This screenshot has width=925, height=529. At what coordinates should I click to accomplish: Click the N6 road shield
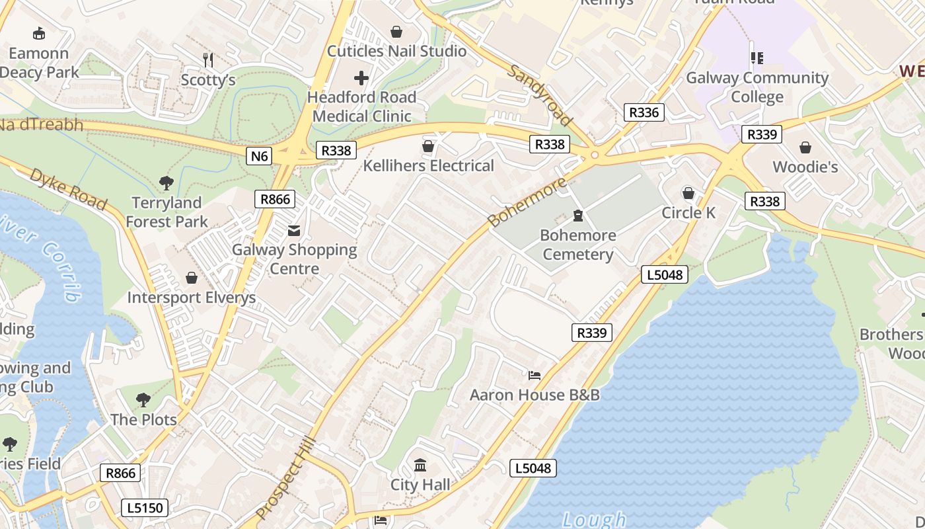pyautogui.click(x=260, y=156)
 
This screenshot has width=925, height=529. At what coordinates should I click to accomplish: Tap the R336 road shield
pyautogui.click(x=644, y=112)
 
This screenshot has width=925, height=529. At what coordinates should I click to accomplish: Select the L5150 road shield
pyautogui.click(x=145, y=508)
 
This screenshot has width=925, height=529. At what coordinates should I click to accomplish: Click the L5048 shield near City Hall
pyautogui.click(x=533, y=468)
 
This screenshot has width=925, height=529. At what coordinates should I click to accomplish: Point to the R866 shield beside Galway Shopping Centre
pyautogui.click(x=274, y=199)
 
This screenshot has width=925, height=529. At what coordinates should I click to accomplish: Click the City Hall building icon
pyautogui.click(x=420, y=465)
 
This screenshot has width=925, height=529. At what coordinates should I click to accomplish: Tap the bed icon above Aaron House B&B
pyautogui.click(x=535, y=376)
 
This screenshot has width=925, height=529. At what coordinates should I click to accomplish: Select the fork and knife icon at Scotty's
pyautogui.click(x=208, y=60)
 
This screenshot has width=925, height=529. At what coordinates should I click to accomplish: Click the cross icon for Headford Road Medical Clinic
pyautogui.click(x=361, y=79)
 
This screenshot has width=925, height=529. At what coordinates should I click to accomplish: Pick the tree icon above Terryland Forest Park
pyautogui.click(x=166, y=183)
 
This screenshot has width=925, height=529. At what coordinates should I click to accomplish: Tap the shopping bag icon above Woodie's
pyautogui.click(x=805, y=147)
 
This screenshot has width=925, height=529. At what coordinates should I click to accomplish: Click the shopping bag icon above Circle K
pyautogui.click(x=688, y=193)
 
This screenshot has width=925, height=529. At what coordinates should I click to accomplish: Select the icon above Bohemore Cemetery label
pyautogui.click(x=579, y=216)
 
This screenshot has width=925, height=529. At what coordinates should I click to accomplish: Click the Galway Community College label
pyautogui.click(x=757, y=87)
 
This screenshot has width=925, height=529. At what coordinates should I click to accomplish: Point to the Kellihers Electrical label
pyautogui.click(x=429, y=165)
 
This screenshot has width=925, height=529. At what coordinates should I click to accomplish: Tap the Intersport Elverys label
pyautogui.click(x=191, y=298)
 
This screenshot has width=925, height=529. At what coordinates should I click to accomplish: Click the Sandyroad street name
pyautogui.click(x=539, y=95)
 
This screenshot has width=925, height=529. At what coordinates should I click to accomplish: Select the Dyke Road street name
pyautogui.click(x=68, y=190)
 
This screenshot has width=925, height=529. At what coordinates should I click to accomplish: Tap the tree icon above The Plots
pyautogui.click(x=143, y=399)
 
